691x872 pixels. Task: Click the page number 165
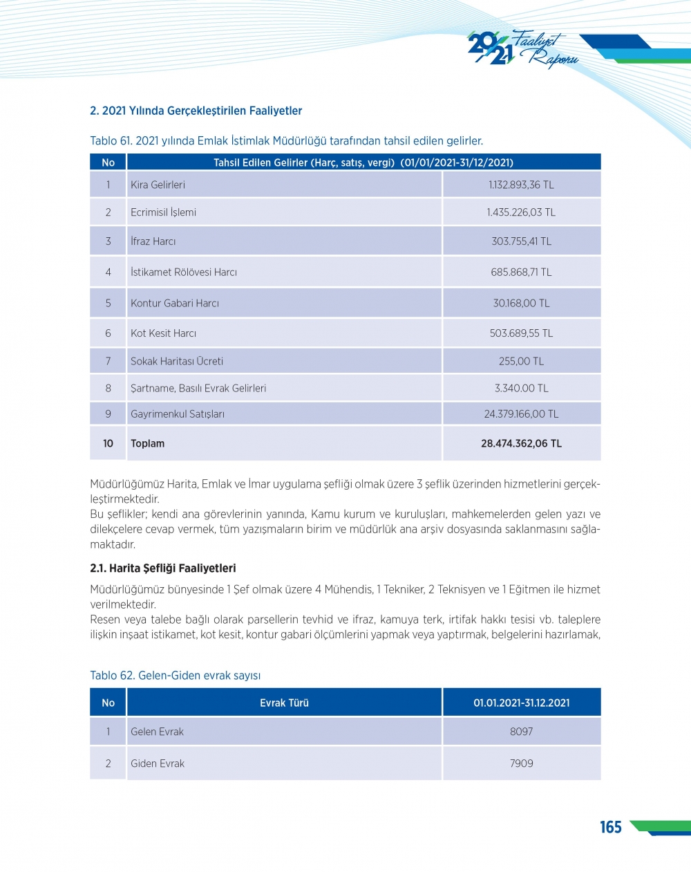610,827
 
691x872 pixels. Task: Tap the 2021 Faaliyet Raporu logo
522,49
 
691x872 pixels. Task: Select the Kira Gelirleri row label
158,185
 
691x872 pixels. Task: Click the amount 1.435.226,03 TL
521,212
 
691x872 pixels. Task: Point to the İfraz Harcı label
153,241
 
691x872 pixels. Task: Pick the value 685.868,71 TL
521,272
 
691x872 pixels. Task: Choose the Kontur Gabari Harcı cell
175,303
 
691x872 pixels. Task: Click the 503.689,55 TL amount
521,333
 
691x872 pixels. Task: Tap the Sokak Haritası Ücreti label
177,361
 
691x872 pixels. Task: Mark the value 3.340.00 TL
521,389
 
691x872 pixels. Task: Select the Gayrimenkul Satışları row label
178,414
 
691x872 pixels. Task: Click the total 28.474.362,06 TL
521,444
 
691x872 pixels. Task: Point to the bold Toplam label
148,444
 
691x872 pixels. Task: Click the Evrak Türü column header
284,703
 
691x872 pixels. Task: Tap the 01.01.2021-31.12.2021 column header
521,703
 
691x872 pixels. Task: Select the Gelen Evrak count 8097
521,732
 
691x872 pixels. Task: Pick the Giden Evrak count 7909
521,763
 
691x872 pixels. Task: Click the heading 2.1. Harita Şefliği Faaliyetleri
163,568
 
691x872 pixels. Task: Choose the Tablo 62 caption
176,676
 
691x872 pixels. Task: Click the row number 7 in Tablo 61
108,361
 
